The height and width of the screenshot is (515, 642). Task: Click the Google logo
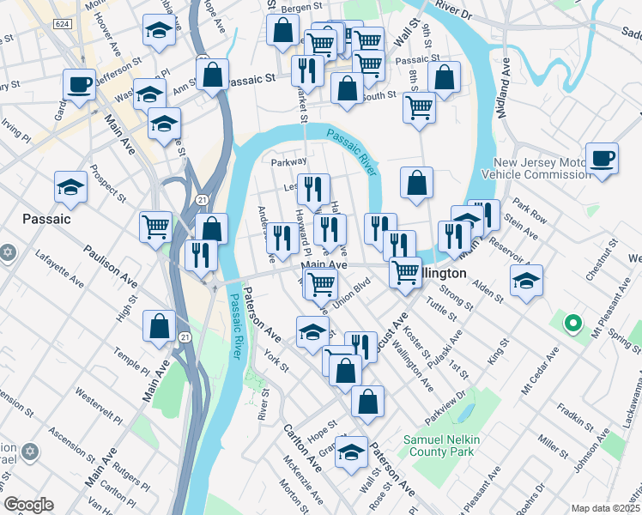pos(28,505)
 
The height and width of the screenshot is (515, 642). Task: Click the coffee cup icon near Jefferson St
pos(80,85)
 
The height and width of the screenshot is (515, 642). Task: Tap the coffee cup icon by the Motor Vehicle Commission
pos(602,158)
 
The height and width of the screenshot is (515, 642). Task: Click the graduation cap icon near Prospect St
pos(70,186)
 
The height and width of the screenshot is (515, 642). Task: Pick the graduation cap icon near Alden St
pos(526,280)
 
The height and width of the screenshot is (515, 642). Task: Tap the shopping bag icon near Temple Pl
pos(160,326)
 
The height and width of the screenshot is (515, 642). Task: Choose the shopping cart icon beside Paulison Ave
pos(155,227)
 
